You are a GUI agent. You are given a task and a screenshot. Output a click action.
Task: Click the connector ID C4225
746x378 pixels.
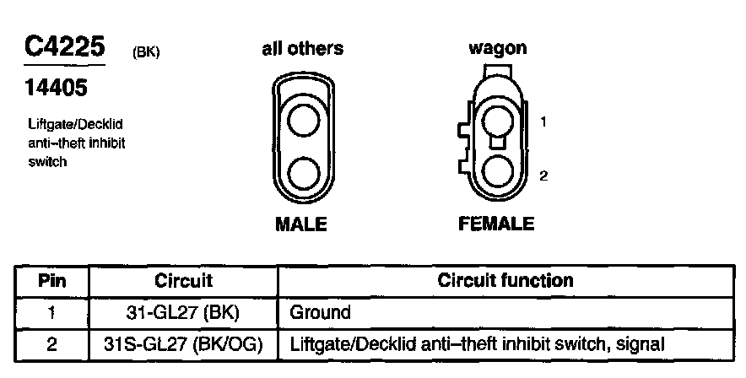pyautogui.click(x=64, y=46)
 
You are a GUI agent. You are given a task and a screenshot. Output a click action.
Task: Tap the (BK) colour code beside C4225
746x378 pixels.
pyautogui.click(x=146, y=53)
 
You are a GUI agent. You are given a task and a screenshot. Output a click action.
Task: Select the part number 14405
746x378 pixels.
pyautogui.click(x=56, y=87)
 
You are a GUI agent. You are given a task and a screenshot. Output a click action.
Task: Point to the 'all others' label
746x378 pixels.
pyautogui.click(x=301, y=48)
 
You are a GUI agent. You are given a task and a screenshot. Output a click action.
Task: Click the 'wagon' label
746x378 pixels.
pyautogui.click(x=497, y=48)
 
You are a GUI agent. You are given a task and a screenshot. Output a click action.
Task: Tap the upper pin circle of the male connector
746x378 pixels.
pyautogui.click(x=302, y=120)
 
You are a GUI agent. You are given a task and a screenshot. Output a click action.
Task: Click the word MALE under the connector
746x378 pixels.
pyautogui.click(x=301, y=224)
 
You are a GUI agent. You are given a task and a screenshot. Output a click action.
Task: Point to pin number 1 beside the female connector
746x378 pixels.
pyautogui.click(x=544, y=122)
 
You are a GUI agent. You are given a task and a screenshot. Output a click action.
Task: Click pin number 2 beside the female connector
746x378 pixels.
pyautogui.click(x=544, y=176)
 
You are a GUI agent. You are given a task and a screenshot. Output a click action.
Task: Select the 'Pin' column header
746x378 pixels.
pyautogui.click(x=52, y=281)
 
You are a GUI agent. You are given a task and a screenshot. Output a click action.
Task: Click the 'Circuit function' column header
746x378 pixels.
pyautogui.click(x=505, y=281)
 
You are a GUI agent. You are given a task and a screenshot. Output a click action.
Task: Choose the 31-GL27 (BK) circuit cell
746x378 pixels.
pyautogui.click(x=184, y=312)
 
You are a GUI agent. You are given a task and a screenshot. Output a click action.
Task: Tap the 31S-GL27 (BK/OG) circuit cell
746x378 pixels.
pyautogui.click(x=184, y=344)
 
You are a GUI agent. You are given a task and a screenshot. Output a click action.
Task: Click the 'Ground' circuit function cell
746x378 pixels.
pyautogui.click(x=321, y=312)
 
